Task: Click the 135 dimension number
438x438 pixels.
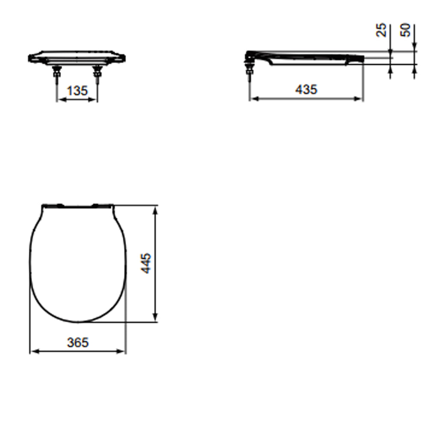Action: coord(77,91)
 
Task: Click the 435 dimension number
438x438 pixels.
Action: coord(306,89)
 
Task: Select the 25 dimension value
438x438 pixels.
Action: coord(382,30)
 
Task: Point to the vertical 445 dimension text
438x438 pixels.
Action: coord(146,263)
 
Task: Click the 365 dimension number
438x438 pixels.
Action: coord(78,342)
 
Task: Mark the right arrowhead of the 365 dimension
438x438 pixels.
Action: coord(123,351)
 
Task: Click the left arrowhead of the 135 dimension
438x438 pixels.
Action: coord(60,100)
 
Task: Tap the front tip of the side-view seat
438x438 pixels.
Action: coord(363,58)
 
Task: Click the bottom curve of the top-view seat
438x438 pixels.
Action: coord(78,321)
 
